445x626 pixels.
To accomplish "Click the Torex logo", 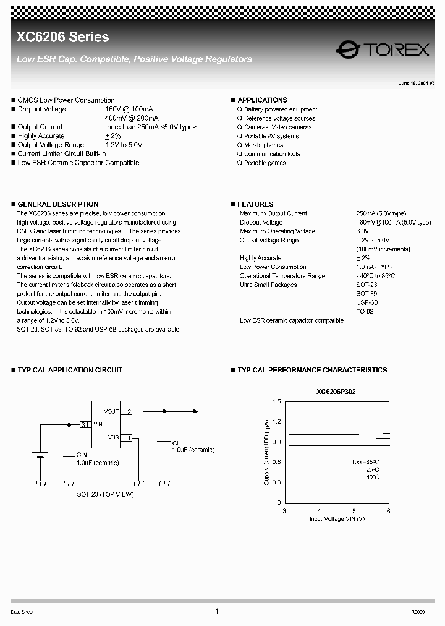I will [x=383, y=49].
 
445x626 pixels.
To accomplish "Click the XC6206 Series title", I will [x=62, y=38].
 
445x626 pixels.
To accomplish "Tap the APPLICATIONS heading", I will [x=262, y=100].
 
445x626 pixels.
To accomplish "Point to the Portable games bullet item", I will [x=265, y=163].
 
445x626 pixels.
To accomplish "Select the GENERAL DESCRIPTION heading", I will [x=57, y=204].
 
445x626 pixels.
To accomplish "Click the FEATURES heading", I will [x=255, y=204].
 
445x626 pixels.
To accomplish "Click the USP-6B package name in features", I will [x=367, y=303].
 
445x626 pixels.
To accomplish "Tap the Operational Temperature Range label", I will [x=282, y=276].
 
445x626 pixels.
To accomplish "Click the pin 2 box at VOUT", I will [x=129, y=411].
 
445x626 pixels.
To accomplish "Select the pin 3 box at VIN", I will [x=84, y=425].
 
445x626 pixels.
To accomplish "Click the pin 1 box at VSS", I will [x=129, y=438].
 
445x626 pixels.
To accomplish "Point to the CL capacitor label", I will [x=176, y=444].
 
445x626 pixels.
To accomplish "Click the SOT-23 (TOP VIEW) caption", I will [x=105, y=494].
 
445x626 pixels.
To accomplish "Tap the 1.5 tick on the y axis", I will [x=276, y=401].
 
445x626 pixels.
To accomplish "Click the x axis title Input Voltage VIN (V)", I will [x=337, y=519].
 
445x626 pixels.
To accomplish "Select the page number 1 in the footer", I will [x=217, y=611].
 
